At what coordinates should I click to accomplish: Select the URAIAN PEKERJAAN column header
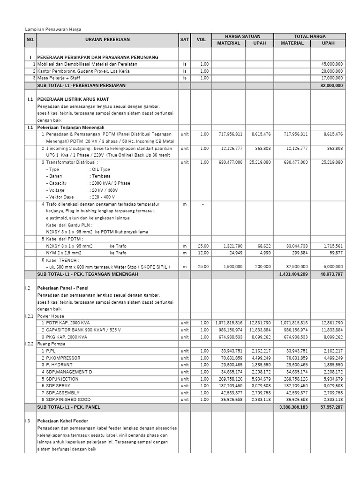pyautogui.click(x=107, y=40)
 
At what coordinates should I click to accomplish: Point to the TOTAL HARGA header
pyautogui.click(x=309, y=36)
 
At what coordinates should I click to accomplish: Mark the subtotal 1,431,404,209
pyautogui.click(x=293, y=274)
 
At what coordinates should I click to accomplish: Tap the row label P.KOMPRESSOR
pyautogui.click(x=63, y=358)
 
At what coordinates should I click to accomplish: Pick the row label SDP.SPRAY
pyautogui.click(x=59, y=385)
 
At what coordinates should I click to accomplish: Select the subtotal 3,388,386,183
pyautogui.click(x=293, y=407)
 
